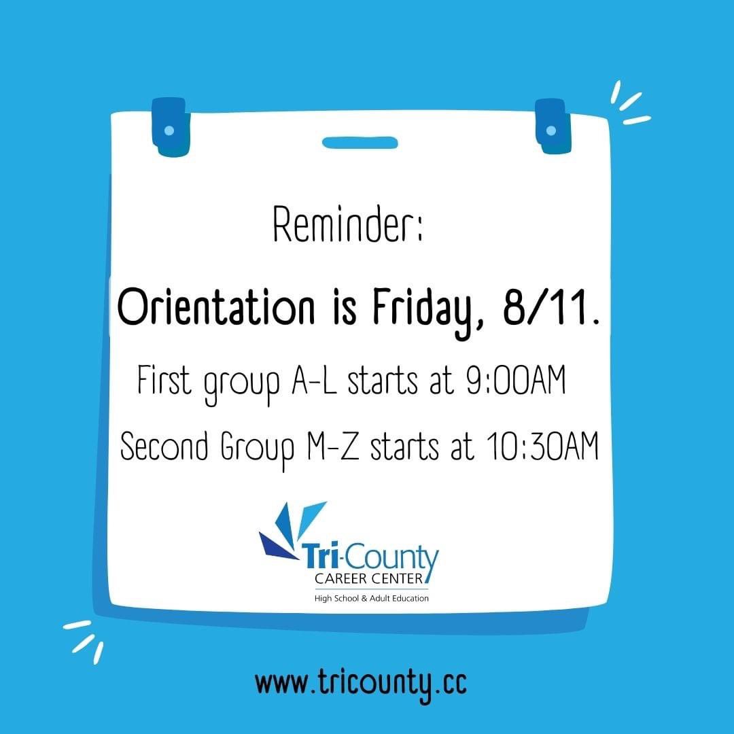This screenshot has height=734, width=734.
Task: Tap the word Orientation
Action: pyautogui.click(x=215, y=309)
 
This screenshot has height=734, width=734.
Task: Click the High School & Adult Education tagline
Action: pyautogui.click(x=371, y=598)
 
